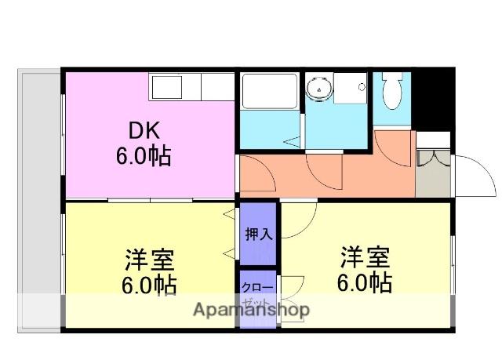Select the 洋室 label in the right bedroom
(365, 256)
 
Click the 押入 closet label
(258, 234)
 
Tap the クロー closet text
(258, 287)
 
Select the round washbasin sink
(319, 89)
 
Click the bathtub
(268, 93)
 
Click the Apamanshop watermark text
(251, 309)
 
